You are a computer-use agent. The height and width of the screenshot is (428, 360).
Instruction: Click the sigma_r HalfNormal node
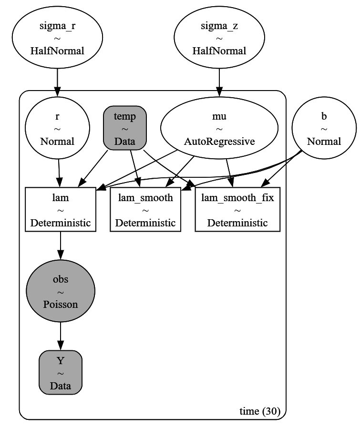(57, 37)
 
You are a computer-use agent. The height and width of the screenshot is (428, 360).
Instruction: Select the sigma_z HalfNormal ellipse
(219, 37)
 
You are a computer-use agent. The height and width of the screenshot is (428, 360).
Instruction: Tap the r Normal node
(57, 128)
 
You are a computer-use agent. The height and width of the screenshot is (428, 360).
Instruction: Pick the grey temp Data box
(125, 128)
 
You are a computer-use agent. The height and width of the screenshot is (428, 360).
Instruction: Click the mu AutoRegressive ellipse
(219, 128)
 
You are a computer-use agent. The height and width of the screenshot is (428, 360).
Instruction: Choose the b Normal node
(324, 128)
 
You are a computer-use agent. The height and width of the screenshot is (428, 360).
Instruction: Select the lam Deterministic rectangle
(61, 209)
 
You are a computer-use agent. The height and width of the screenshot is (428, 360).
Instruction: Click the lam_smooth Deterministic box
(145, 209)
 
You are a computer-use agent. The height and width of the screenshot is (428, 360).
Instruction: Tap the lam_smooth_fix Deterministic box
(237, 209)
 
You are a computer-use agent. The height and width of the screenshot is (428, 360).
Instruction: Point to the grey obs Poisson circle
(61, 291)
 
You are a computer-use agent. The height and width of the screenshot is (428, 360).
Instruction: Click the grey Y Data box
(61, 372)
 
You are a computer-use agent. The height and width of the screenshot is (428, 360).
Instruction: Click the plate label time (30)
(260, 411)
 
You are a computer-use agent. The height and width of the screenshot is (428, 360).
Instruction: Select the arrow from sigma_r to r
(57, 82)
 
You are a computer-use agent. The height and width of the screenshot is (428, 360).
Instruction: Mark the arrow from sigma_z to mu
(219, 82)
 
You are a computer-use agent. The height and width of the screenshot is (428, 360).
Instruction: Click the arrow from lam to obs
(61, 245)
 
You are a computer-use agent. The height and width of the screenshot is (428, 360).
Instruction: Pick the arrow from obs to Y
(61, 336)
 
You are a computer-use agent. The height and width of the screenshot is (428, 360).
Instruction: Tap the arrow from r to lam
(59, 173)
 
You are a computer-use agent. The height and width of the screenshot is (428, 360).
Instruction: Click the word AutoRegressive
(219, 142)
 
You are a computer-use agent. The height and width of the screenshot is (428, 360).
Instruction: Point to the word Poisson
(61, 305)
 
